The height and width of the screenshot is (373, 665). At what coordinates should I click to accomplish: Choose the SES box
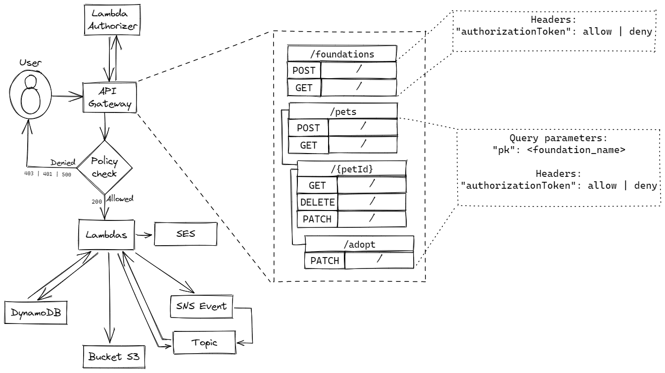[x=185, y=234]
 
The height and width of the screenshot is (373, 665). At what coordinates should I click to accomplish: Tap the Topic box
[x=204, y=342]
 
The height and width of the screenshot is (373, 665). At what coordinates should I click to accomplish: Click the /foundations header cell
[x=342, y=53]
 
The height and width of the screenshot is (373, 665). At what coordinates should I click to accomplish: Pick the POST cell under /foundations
[x=304, y=70]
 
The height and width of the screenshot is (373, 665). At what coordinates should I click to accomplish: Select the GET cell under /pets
[x=308, y=145]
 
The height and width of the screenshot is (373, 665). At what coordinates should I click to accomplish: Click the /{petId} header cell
[x=351, y=168]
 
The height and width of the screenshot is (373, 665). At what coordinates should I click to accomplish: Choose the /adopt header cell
[x=359, y=243]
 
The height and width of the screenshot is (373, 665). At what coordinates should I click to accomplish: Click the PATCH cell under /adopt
[x=324, y=260]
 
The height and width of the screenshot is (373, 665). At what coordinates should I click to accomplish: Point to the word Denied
[x=62, y=162]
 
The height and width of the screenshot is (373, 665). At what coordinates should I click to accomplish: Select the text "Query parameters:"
[x=559, y=137]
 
